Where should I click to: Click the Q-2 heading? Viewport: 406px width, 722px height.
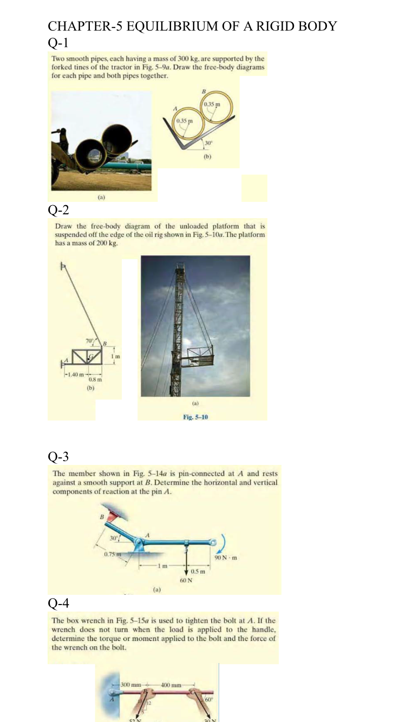pos(57,209)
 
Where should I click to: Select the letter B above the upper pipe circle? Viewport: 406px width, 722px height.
pos(204,90)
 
